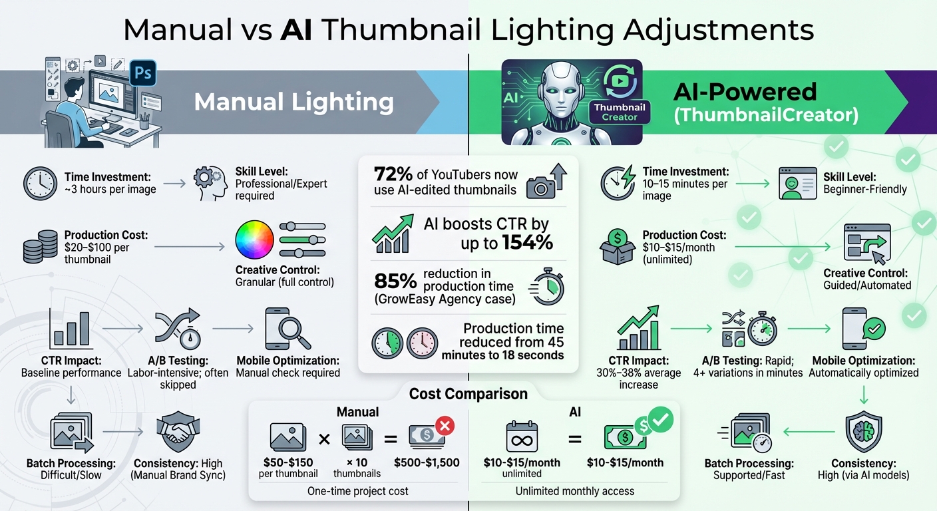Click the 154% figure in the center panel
coord(526,243)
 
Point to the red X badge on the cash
coord(444,425)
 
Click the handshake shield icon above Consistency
coord(175,432)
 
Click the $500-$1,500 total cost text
coord(427,462)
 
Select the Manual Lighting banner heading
coord(293,102)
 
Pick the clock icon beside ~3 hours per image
coord(40,184)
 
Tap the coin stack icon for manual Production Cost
coord(41,247)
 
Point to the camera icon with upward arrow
coord(546,182)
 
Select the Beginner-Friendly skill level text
coord(865,189)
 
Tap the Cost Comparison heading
coord(468,394)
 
